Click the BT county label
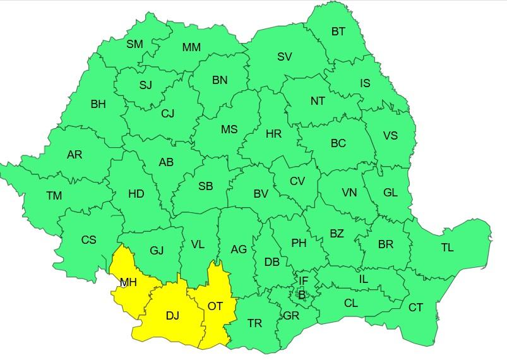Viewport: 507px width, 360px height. coord(338,31)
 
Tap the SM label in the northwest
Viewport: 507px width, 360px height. coord(134,44)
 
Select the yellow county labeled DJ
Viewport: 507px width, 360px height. coord(172,316)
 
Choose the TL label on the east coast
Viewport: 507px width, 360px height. coord(447,248)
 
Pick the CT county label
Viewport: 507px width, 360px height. coord(415,308)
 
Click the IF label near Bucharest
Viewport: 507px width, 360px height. coord(304,280)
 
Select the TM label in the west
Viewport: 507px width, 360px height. coord(54,196)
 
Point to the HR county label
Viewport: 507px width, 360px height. coord(273,134)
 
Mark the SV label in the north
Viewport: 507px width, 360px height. coord(285,57)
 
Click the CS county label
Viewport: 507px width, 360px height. coord(89,240)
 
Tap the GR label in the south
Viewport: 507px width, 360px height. coord(291,315)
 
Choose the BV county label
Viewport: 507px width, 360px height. coord(261,195)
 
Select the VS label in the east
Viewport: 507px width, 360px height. coord(391,136)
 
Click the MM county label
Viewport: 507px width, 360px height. coord(191,47)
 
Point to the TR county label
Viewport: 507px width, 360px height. coord(254,323)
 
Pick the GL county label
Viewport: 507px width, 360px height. coord(390,193)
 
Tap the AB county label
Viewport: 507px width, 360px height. coord(166,162)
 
